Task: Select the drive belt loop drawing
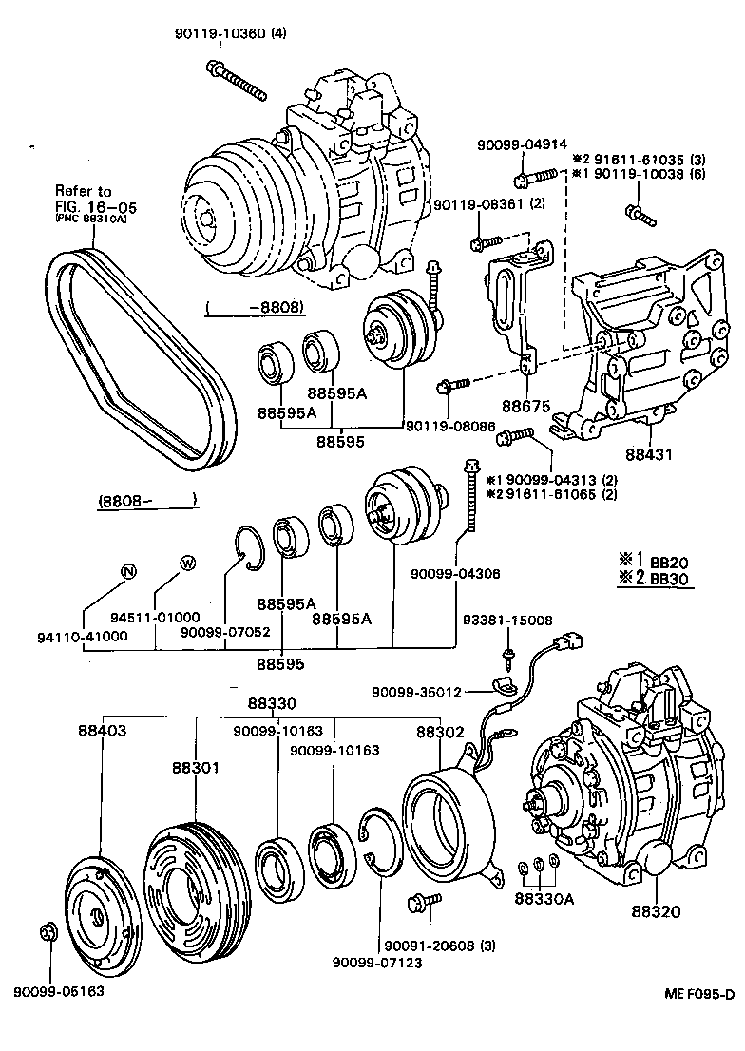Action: click(143, 352)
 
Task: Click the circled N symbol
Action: click(129, 571)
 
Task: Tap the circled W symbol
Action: click(187, 564)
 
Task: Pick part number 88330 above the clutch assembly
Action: click(270, 704)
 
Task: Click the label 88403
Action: click(102, 731)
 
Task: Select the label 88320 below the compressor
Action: click(655, 910)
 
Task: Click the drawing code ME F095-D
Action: click(698, 994)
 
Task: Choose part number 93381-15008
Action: click(507, 620)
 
